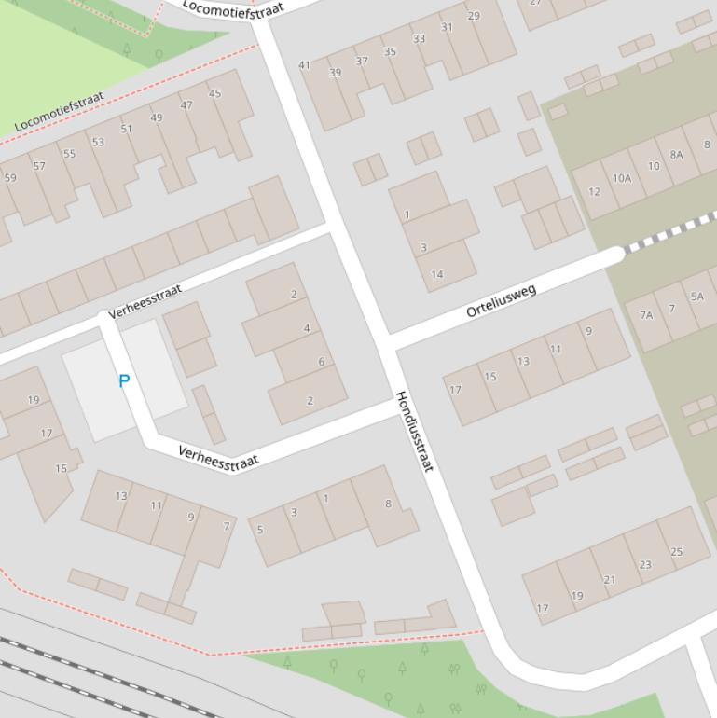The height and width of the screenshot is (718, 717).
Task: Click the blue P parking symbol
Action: (x=124, y=380)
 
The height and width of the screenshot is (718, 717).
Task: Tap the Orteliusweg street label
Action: (x=502, y=301)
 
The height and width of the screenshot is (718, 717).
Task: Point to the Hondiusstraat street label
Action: (x=415, y=431)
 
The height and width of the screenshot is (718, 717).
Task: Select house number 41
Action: (x=304, y=65)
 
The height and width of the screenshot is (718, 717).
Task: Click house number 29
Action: (x=474, y=16)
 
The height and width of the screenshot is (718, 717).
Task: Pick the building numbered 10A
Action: (x=622, y=178)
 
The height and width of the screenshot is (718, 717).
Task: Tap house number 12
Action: (x=594, y=192)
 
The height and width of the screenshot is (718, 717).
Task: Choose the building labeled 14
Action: (x=437, y=274)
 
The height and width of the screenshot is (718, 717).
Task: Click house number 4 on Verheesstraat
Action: (x=307, y=328)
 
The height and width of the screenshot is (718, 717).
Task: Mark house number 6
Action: (x=321, y=362)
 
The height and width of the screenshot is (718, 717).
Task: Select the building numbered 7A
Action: (x=646, y=315)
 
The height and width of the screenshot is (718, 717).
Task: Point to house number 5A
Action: (x=696, y=297)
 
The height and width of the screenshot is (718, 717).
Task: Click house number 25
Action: (x=677, y=552)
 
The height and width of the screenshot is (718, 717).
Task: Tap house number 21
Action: (x=609, y=580)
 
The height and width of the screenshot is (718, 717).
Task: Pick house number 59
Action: (x=10, y=177)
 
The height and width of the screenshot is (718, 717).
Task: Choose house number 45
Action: (x=215, y=93)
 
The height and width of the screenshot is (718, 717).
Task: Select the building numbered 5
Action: (x=260, y=530)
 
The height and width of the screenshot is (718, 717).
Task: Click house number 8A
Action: (x=676, y=155)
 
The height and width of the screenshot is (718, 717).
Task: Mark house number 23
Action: (x=645, y=564)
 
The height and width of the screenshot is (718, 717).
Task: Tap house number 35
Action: (x=390, y=51)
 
